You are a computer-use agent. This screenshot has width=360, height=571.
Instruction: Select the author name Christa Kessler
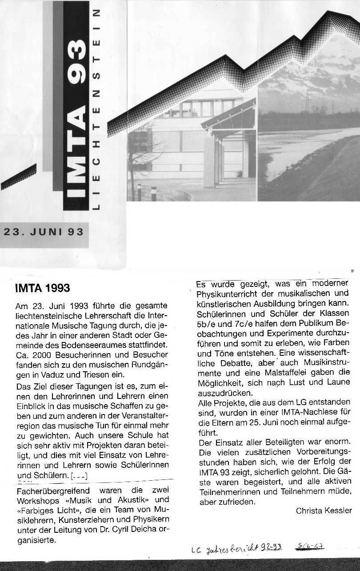pyautogui.click(x=324, y=511)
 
